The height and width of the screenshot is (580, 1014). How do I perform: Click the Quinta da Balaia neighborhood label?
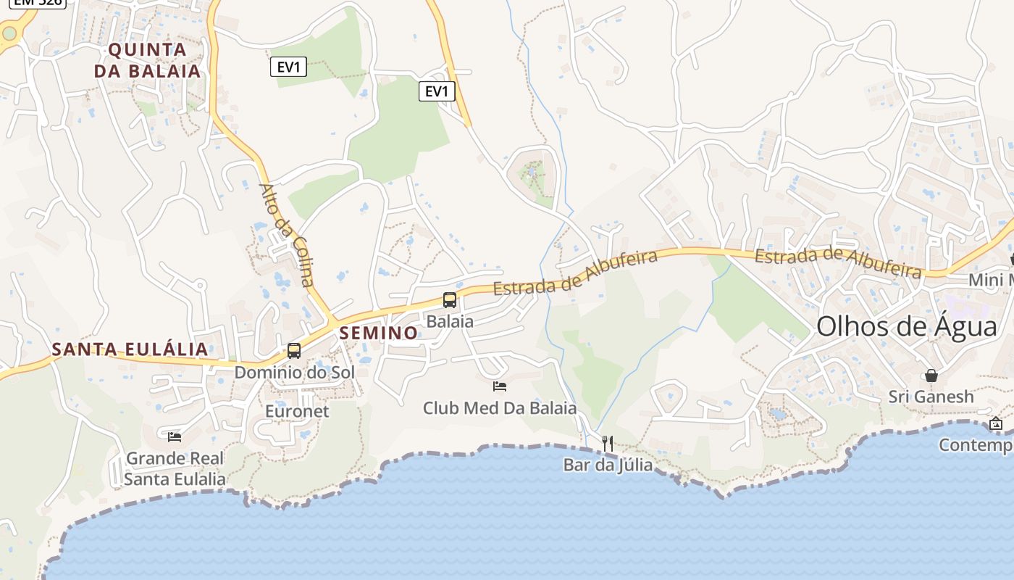(147, 60)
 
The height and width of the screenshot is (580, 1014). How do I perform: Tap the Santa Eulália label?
(130, 349)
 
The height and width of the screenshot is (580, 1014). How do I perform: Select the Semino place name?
(378, 333)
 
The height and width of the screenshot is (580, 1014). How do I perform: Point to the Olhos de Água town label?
(907, 326)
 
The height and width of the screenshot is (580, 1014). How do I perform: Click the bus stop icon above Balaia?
(450, 299)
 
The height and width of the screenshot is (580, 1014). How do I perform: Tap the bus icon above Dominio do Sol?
(294, 351)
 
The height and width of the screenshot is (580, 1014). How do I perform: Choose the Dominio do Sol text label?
(294, 372)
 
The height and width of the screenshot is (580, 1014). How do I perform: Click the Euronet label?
(297, 411)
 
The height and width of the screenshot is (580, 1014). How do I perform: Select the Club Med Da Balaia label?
(500, 407)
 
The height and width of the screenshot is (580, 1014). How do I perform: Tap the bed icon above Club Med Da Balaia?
(500, 386)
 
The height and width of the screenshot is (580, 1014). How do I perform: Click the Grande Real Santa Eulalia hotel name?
(175, 468)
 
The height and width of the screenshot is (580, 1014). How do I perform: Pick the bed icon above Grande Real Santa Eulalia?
(175, 436)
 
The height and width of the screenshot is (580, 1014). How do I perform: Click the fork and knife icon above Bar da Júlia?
(608, 443)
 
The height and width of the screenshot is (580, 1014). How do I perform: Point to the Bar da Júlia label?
(608, 465)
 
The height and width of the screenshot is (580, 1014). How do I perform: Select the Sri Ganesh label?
(931, 397)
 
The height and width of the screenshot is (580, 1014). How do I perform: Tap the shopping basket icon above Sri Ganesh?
(931, 376)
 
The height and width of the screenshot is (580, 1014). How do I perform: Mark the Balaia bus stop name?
(450, 320)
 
